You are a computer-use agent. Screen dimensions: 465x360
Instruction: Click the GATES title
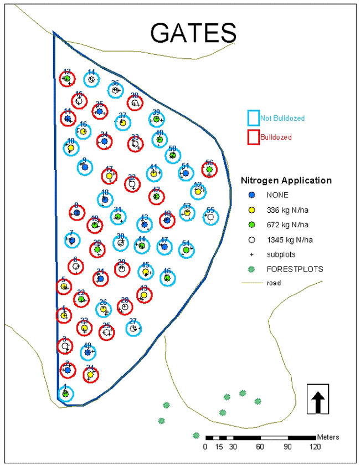(x=193, y=33)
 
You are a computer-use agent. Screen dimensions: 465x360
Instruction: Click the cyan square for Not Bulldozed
(x=253, y=118)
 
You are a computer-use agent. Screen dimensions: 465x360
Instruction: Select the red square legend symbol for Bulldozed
(x=253, y=136)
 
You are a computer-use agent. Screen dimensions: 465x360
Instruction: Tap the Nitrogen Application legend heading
(x=286, y=180)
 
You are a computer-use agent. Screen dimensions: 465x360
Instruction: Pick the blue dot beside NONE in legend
(x=251, y=195)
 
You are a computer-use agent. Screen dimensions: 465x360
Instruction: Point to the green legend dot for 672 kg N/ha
(x=251, y=224)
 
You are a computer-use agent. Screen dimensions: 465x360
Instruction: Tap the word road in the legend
(x=272, y=283)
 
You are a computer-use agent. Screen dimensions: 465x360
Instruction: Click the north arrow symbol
(x=318, y=398)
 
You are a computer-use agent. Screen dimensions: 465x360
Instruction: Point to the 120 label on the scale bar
(x=315, y=447)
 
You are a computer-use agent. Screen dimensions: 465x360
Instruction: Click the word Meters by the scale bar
(x=328, y=437)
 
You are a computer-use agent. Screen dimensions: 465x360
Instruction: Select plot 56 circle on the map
(x=209, y=170)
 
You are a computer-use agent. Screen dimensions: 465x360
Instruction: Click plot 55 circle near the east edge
(x=210, y=217)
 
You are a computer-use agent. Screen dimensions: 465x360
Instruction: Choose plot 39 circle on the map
(x=157, y=119)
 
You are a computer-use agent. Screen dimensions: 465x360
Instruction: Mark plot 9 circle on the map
(x=85, y=167)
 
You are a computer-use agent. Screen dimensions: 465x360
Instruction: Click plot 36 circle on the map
(x=115, y=90)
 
